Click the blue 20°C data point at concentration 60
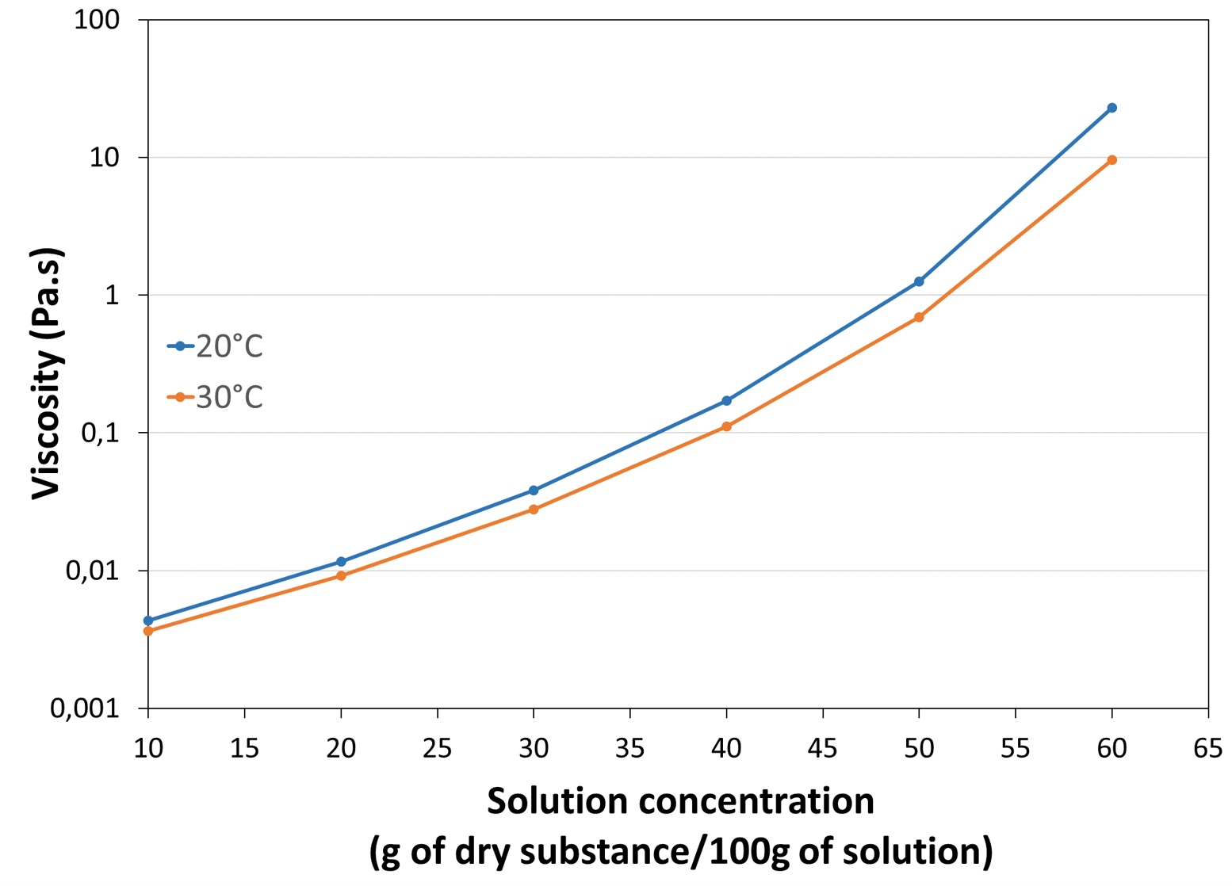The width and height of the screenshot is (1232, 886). (x=1111, y=108)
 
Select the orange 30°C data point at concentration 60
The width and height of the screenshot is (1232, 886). (x=1111, y=160)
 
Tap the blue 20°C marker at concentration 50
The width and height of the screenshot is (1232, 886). (x=919, y=281)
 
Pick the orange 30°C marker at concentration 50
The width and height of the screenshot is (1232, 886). (x=919, y=317)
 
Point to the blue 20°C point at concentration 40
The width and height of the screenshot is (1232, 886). (x=726, y=401)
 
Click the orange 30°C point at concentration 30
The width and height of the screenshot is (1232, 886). (x=534, y=510)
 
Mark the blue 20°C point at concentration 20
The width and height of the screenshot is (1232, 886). (x=341, y=561)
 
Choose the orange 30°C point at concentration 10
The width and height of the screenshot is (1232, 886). (x=148, y=631)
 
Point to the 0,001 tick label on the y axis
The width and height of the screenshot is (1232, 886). (x=85, y=708)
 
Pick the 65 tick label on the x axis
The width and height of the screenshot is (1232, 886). (x=1207, y=748)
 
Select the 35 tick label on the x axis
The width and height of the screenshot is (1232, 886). (x=629, y=748)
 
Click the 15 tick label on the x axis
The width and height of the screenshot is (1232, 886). (x=244, y=748)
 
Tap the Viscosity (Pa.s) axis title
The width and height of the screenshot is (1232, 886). (x=47, y=374)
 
